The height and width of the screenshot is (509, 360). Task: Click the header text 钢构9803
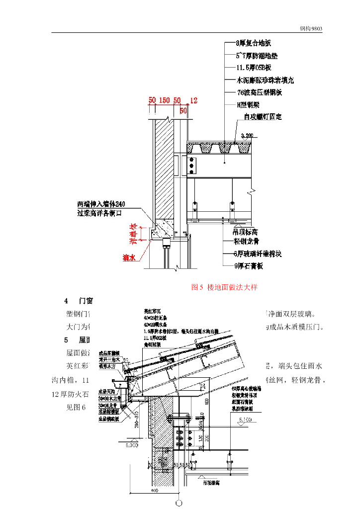[x=311, y=29]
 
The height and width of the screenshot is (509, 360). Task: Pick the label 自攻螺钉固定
[x=263, y=117]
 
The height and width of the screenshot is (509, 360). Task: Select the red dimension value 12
[x=193, y=100]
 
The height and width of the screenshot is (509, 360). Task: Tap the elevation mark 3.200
[x=247, y=135]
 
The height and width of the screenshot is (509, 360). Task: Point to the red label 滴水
[x=129, y=257]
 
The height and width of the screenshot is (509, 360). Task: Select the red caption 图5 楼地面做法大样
[x=224, y=287]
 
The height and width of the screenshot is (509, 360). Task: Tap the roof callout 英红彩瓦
[x=150, y=309]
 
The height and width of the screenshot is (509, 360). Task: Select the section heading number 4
[x=66, y=301]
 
